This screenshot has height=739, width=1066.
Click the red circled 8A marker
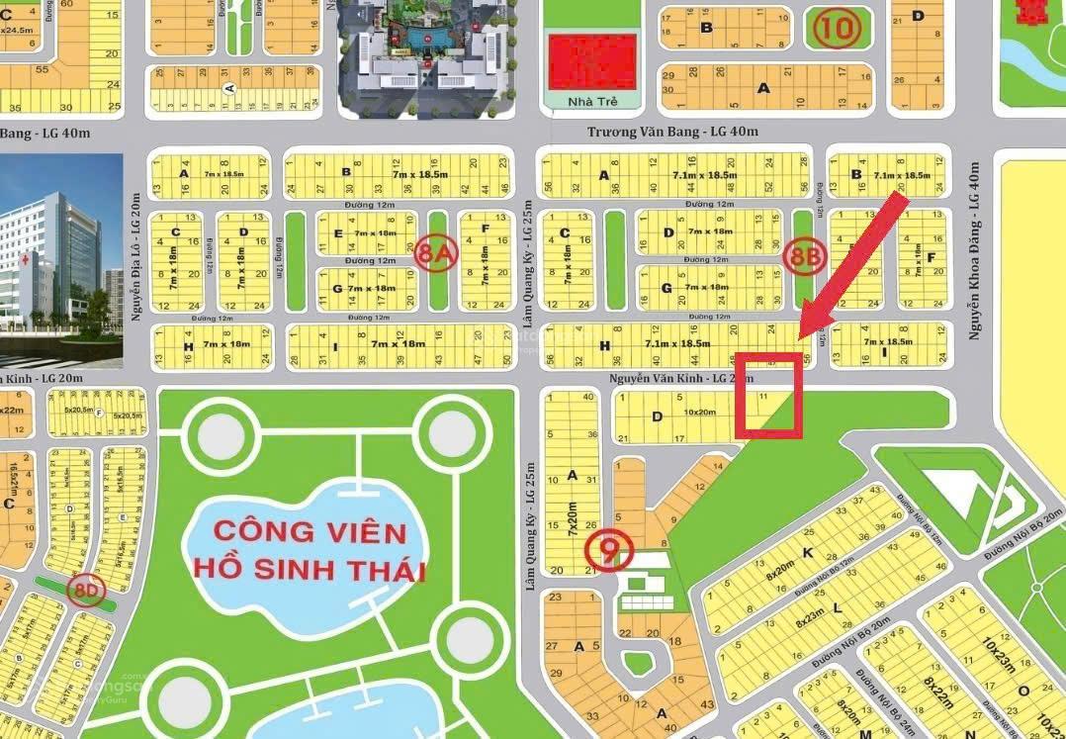436,253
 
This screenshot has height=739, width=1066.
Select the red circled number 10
838,28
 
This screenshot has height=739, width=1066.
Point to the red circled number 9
606,552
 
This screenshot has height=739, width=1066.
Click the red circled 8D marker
85,592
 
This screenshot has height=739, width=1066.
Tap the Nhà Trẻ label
591,102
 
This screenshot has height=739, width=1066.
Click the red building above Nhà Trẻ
591,61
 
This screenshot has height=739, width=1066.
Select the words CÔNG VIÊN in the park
311,532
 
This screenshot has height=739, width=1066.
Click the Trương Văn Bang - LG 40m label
671,132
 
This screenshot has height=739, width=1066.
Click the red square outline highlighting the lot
767,395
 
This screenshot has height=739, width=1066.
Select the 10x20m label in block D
700,412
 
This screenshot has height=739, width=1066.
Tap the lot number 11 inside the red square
761,396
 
